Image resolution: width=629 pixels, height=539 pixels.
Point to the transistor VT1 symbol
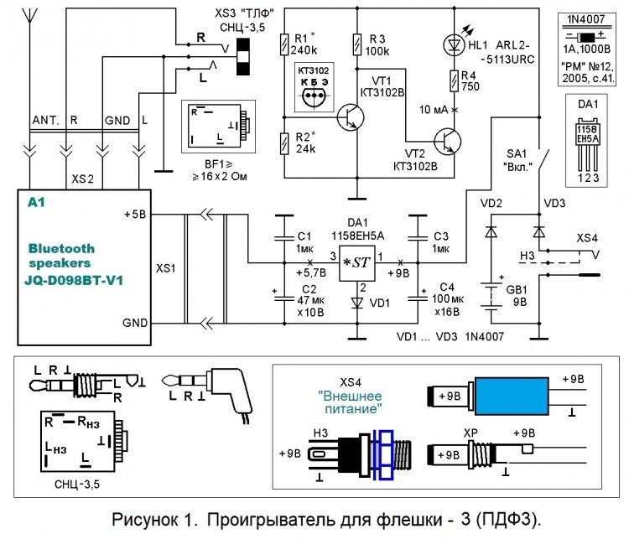pos(350,118)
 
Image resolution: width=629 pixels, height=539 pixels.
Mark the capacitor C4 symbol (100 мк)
pos(415,296)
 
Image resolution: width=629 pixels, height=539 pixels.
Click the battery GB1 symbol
pos(490,293)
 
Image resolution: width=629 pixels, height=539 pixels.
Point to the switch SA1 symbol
pos(540,161)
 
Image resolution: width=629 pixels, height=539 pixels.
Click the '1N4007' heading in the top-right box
pos(587,18)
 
